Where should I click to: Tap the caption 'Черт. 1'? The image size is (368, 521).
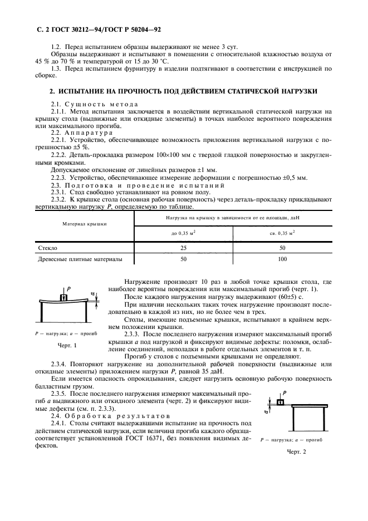[x=67, y=346]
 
